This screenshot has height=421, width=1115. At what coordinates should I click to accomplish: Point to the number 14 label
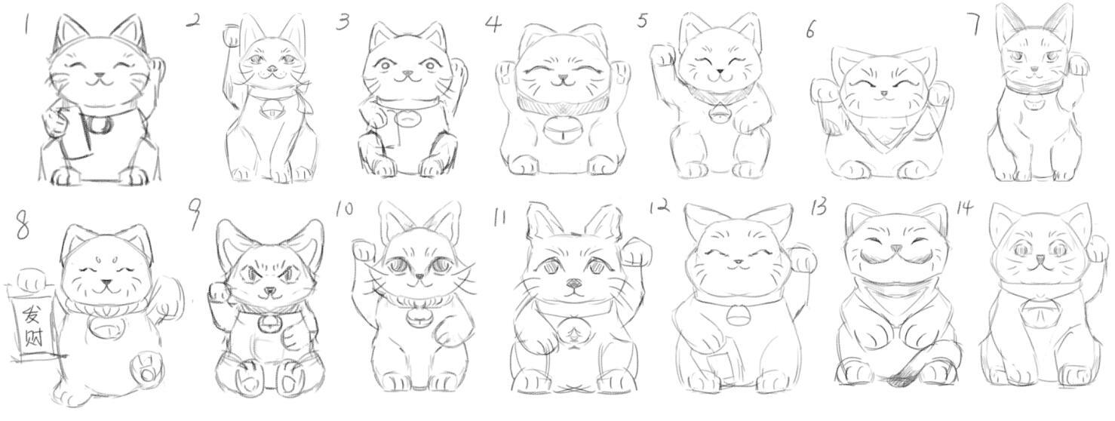click(x=964, y=210)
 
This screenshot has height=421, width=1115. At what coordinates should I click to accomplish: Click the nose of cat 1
click(x=100, y=76)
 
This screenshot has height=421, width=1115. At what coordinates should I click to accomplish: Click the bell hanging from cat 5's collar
click(x=717, y=113)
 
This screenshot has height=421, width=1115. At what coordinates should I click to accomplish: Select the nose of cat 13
click(x=895, y=248)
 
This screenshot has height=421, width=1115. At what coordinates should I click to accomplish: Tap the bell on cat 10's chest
click(x=417, y=318)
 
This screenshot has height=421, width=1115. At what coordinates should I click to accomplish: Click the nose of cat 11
click(x=573, y=284)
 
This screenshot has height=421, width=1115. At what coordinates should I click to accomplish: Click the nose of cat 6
click(x=883, y=93)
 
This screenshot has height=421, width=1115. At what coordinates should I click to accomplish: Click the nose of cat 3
click(x=407, y=75)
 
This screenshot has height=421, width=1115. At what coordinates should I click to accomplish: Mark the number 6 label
click(x=811, y=31)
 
